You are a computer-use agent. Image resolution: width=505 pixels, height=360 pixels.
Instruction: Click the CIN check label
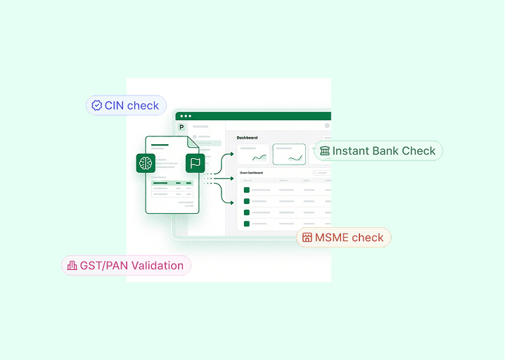click(x=132, y=105)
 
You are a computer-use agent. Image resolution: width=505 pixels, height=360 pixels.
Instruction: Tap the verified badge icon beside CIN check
click(x=97, y=105)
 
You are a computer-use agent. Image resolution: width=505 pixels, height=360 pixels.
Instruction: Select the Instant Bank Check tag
click(x=384, y=150)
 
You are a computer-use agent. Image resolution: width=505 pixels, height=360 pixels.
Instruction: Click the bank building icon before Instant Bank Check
click(x=324, y=150)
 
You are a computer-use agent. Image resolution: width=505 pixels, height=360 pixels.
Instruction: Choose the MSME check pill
click(x=349, y=237)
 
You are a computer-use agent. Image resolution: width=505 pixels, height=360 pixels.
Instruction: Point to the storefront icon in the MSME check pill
click(x=307, y=237)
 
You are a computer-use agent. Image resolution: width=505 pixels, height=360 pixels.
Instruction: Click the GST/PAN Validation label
click(x=132, y=265)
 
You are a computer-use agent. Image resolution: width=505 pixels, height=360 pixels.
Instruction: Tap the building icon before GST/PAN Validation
click(x=72, y=265)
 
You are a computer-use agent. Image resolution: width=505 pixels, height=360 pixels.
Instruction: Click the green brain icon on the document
click(x=146, y=163)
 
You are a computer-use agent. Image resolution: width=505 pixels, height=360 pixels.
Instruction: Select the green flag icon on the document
click(x=195, y=163)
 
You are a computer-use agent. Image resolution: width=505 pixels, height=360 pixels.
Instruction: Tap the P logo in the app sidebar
click(x=182, y=127)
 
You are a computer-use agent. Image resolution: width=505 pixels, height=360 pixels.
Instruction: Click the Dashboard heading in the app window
click(x=247, y=138)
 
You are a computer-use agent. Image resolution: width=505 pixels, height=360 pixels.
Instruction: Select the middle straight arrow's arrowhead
click(x=231, y=179)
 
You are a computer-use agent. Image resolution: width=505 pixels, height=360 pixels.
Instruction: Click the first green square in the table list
click(x=247, y=190)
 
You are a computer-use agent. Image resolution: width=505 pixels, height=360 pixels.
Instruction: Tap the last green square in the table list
click(x=247, y=224)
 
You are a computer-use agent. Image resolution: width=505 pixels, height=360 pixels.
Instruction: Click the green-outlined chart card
click(x=289, y=155)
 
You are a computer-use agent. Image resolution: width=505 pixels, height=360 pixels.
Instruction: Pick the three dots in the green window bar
click(x=185, y=116)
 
